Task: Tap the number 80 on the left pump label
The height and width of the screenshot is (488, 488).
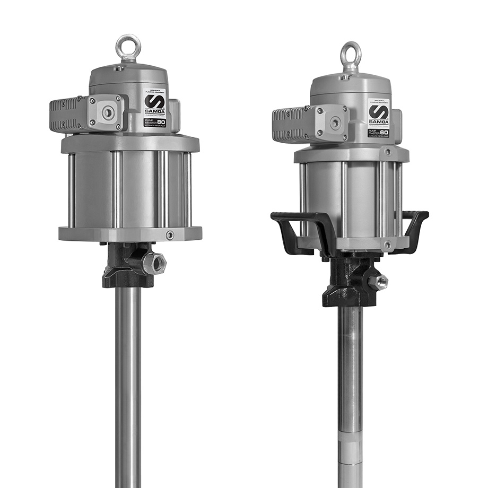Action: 161,121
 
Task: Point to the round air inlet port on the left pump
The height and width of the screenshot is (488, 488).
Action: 108,112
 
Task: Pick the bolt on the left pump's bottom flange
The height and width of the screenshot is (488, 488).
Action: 170,235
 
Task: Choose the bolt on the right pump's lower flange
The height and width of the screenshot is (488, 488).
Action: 388,245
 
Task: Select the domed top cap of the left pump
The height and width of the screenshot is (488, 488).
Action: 128,74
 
